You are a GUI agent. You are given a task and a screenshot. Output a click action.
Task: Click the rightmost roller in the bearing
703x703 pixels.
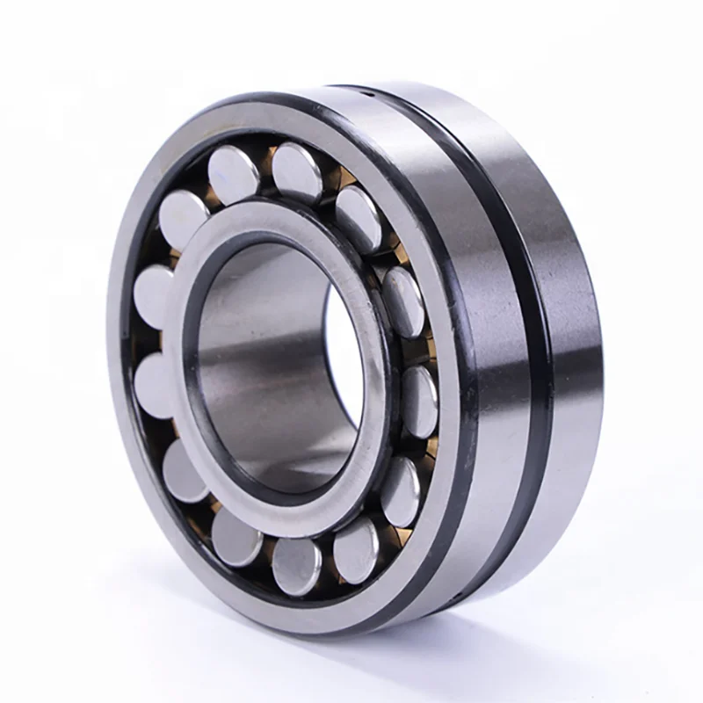(x=420, y=400)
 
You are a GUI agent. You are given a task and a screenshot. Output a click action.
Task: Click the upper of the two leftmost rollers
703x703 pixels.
(x=155, y=294)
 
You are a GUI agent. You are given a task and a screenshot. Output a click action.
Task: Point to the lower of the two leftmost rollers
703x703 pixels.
(x=155, y=380)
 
